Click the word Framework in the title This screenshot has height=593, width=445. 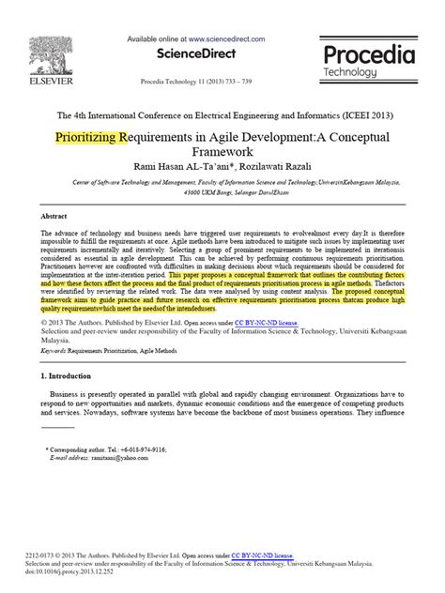pyautogui.click(x=222, y=153)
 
